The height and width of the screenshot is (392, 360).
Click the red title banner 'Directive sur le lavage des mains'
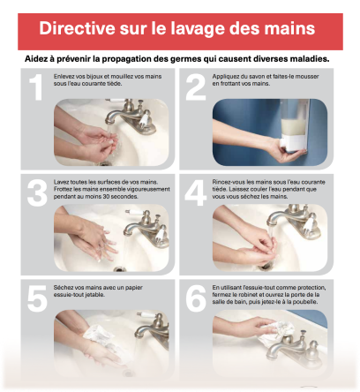pos(179,29)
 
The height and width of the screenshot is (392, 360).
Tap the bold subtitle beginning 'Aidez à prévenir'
pos(179,59)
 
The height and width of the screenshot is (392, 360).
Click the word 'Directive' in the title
pos(80,29)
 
